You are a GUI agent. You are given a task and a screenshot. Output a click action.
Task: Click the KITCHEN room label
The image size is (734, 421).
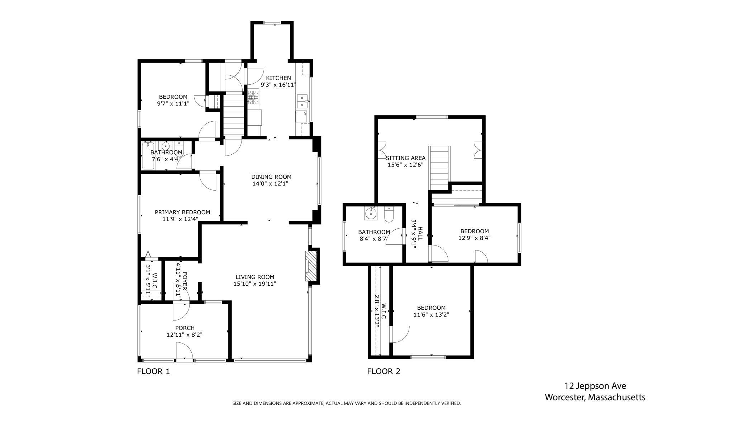pos(278,78)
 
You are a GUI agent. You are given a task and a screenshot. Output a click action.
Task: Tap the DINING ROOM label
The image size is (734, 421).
pos(271,177)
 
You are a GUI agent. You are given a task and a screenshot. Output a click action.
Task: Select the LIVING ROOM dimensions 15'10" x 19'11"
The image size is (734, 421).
pos(255,284)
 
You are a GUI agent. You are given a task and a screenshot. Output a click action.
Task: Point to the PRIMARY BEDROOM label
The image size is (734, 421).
pos(182,212)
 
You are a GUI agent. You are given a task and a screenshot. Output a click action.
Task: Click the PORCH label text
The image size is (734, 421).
pos(185,328)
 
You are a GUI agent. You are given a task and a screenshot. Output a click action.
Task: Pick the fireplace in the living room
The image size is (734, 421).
pos(311,266)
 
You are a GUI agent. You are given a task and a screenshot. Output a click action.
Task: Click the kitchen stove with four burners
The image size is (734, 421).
pos(253,97)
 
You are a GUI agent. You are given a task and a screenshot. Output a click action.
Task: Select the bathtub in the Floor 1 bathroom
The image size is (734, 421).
pos(148,156)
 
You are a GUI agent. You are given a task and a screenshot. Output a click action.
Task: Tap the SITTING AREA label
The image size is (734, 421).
pos(405,158)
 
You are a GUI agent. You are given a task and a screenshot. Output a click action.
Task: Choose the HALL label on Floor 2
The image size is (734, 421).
pos(420,233)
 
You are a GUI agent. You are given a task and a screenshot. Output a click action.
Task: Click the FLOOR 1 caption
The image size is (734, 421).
pos(153,371)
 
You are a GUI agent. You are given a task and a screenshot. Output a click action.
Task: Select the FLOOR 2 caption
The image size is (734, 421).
pos(383,371)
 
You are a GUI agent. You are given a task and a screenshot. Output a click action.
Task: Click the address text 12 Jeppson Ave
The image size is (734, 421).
pos(595,386)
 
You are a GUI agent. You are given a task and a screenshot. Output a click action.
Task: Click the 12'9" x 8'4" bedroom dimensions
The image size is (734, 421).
pos(475,238)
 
